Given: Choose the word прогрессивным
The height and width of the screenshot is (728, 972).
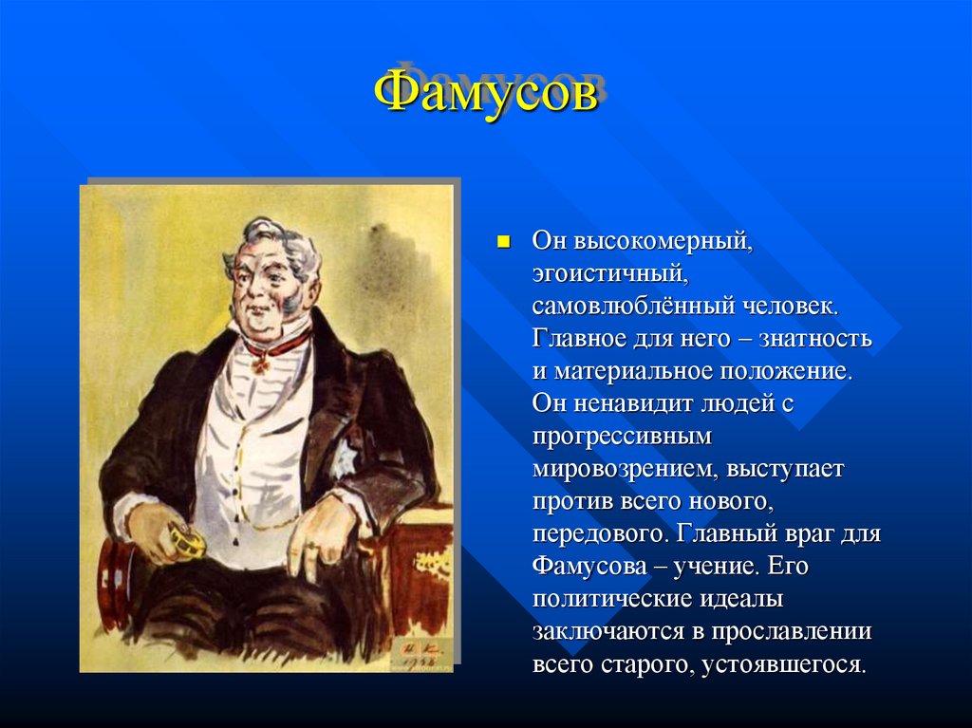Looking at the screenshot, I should (622, 436).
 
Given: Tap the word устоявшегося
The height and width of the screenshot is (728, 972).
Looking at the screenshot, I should (784, 663).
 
